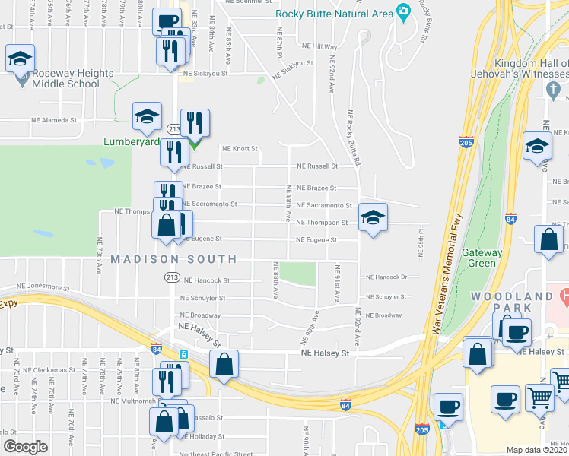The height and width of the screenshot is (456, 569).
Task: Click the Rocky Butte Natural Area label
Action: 334,12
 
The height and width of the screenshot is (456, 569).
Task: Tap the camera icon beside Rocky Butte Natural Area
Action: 403,12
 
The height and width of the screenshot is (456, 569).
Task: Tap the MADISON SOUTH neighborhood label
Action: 173,259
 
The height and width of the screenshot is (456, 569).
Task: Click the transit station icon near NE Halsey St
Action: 183,354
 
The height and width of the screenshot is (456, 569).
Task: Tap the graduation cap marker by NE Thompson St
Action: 371,218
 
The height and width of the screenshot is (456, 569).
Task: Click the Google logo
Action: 25,447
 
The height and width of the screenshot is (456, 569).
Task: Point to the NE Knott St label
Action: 240,149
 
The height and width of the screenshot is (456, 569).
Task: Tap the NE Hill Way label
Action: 319,46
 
